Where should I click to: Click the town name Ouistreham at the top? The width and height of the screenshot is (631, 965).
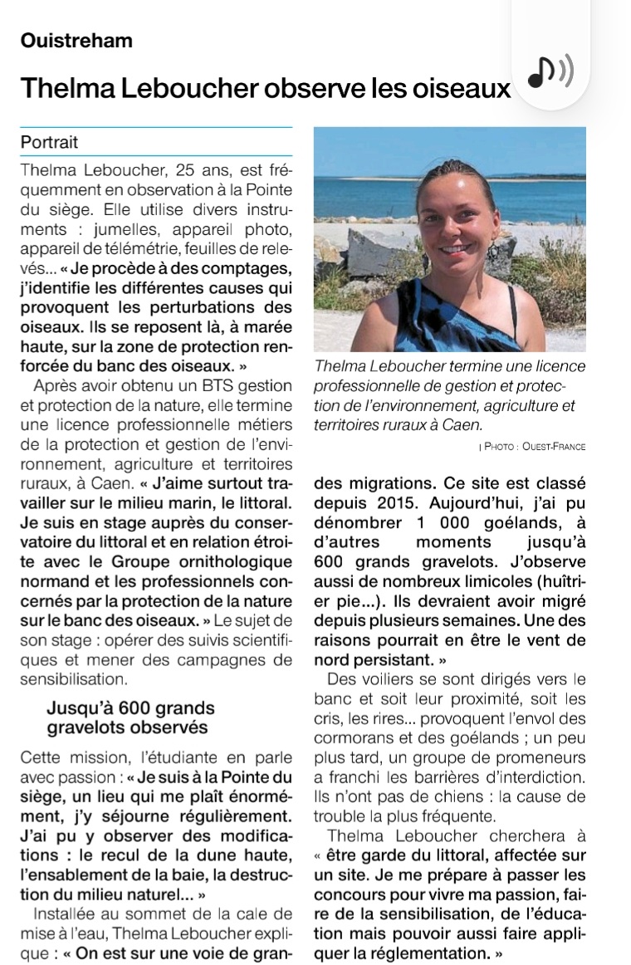pyautogui.click(x=76, y=41)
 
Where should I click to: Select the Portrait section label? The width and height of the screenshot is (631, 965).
pyautogui.click(x=49, y=142)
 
